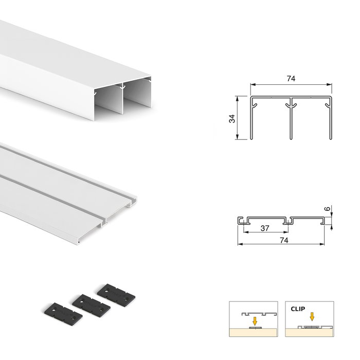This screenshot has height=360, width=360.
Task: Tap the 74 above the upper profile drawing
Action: [x=291, y=79]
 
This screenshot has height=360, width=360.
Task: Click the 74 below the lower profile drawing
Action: [x=282, y=240]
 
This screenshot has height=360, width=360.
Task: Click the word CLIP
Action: [x=297, y=310]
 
